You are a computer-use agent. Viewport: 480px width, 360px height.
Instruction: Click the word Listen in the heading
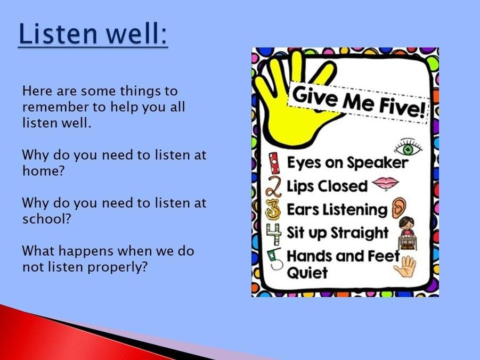58,33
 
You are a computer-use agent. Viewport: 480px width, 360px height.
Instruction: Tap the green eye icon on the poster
408,148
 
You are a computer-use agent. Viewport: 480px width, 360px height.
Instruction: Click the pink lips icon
385,183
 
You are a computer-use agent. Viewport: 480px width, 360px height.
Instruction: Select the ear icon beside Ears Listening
399,208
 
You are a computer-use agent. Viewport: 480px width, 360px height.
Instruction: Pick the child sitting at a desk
406,233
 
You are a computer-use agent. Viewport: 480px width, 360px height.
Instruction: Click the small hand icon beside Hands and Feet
405,266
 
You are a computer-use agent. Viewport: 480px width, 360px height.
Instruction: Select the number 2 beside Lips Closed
273,186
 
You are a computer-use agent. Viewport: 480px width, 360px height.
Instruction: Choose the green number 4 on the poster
274,234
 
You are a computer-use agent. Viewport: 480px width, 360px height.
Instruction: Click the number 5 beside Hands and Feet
274,259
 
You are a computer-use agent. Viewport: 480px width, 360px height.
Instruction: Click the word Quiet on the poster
307,272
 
